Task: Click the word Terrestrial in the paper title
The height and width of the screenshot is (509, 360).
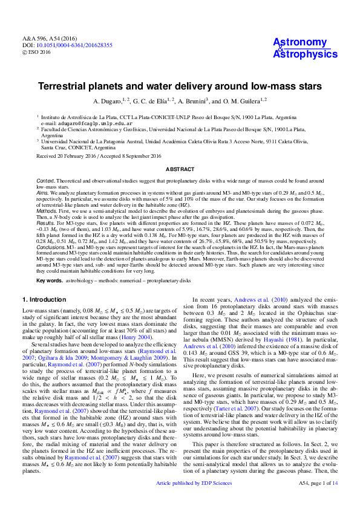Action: (103, 86)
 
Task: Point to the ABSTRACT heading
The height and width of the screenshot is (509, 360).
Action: (180, 170)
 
